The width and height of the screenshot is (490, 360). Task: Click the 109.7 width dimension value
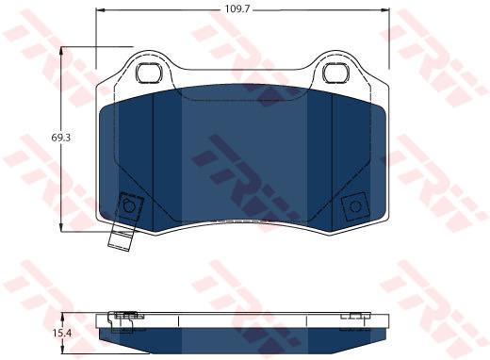237,9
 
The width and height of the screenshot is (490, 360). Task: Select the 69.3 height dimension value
60,138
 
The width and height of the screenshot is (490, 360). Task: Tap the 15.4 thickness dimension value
62,333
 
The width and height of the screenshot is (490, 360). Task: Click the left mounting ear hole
150,73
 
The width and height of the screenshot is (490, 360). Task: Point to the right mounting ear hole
335,73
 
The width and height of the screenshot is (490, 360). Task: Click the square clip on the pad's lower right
355,206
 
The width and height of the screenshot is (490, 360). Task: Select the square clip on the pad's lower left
129,206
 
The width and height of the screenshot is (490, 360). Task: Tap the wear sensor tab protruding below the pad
120,239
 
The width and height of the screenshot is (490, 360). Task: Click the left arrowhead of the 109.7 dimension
100,9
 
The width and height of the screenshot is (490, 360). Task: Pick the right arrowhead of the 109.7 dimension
385,9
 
